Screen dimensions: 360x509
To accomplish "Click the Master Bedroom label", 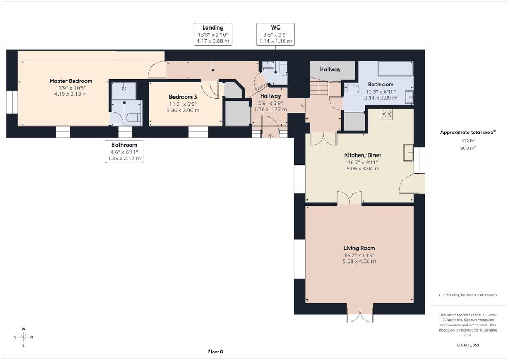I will click(x=71, y=81).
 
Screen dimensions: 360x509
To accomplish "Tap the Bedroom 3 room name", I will click(x=183, y=97).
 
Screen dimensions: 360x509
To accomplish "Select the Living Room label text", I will click(x=359, y=248).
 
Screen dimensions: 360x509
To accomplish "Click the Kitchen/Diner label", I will click(x=362, y=155).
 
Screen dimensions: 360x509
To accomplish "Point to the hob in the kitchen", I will click(x=386, y=114).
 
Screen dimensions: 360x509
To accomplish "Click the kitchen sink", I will click(x=408, y=152).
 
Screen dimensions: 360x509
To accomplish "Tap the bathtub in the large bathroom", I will click(x=395, y=70).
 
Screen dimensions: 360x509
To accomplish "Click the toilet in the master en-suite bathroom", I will click(x=132, y=118).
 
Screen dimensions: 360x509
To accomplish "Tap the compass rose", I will click(x=23, y=337).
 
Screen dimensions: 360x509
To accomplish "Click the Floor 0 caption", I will click(x=216, y=352).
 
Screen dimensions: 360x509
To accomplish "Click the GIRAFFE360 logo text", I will click(x=468, y=345).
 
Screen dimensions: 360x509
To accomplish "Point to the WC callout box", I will click(x=275, y=34).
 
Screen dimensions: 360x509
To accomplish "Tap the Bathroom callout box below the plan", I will click(x=124, y=152).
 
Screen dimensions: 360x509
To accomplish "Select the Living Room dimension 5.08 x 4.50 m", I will click(x=359, y=261).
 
